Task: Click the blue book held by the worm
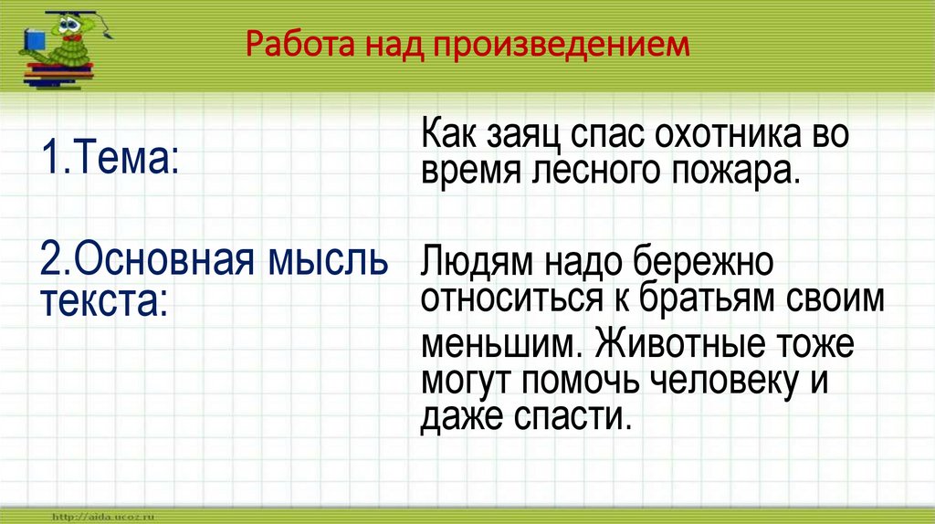point(36,43)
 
